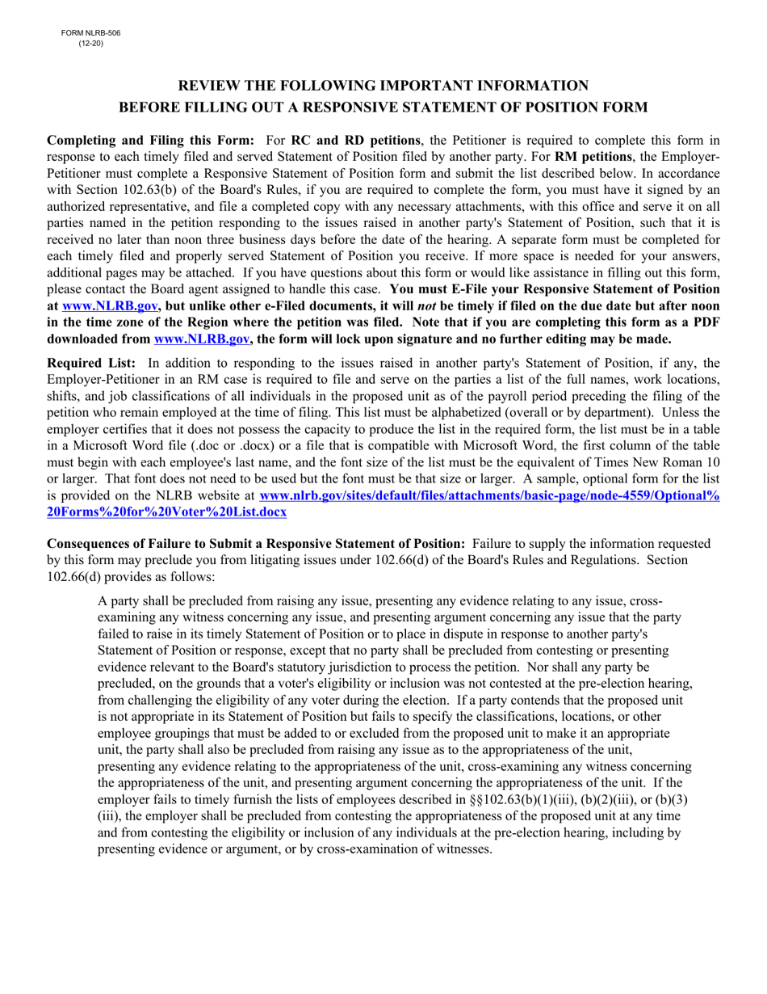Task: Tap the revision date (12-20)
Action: coord(90,43)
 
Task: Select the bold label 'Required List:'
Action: coord(91,363)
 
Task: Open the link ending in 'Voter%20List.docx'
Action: coord(166,512)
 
